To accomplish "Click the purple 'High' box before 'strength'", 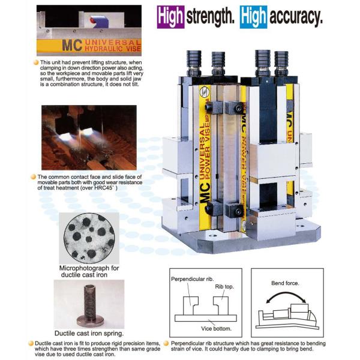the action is pyautogui.click(x=170, y=17).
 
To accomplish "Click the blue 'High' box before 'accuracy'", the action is pyautogui.click(x=253, y=17).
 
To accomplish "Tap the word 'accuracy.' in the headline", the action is pyautogui.click(x=296, y=17).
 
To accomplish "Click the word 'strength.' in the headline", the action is pyautogui.click(x=211, y=17).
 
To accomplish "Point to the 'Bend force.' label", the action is pyautogui.click(x=285, y=283).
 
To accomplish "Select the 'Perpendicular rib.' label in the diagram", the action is pyautogui.click(x=193, y=279).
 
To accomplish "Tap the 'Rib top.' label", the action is pyautogui.click(x=224, y=287).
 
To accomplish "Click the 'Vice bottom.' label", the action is pyautogui.click(x=216, y=329).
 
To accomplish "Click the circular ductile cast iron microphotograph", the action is pyautogui.click(x=89, y=238).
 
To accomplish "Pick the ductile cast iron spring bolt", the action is pyautogui.click(x=90, y=305).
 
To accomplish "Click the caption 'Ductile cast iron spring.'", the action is pyautogui.click(x=89, y=333).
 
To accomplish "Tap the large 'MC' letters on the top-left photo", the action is pyautogui.click(x=72, y=45).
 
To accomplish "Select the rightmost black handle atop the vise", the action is pyautogui.click(x=281, y=64).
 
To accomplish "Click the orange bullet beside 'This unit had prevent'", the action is pyautogui.click(x=36, y=62).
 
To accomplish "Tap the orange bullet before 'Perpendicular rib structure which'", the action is pyautogui.click(x=166, y=343).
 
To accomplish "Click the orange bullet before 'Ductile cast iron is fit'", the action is pyautogui.click(x=31, y=343).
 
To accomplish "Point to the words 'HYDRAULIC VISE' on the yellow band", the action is pyautogui.click(x=113, y=49).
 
